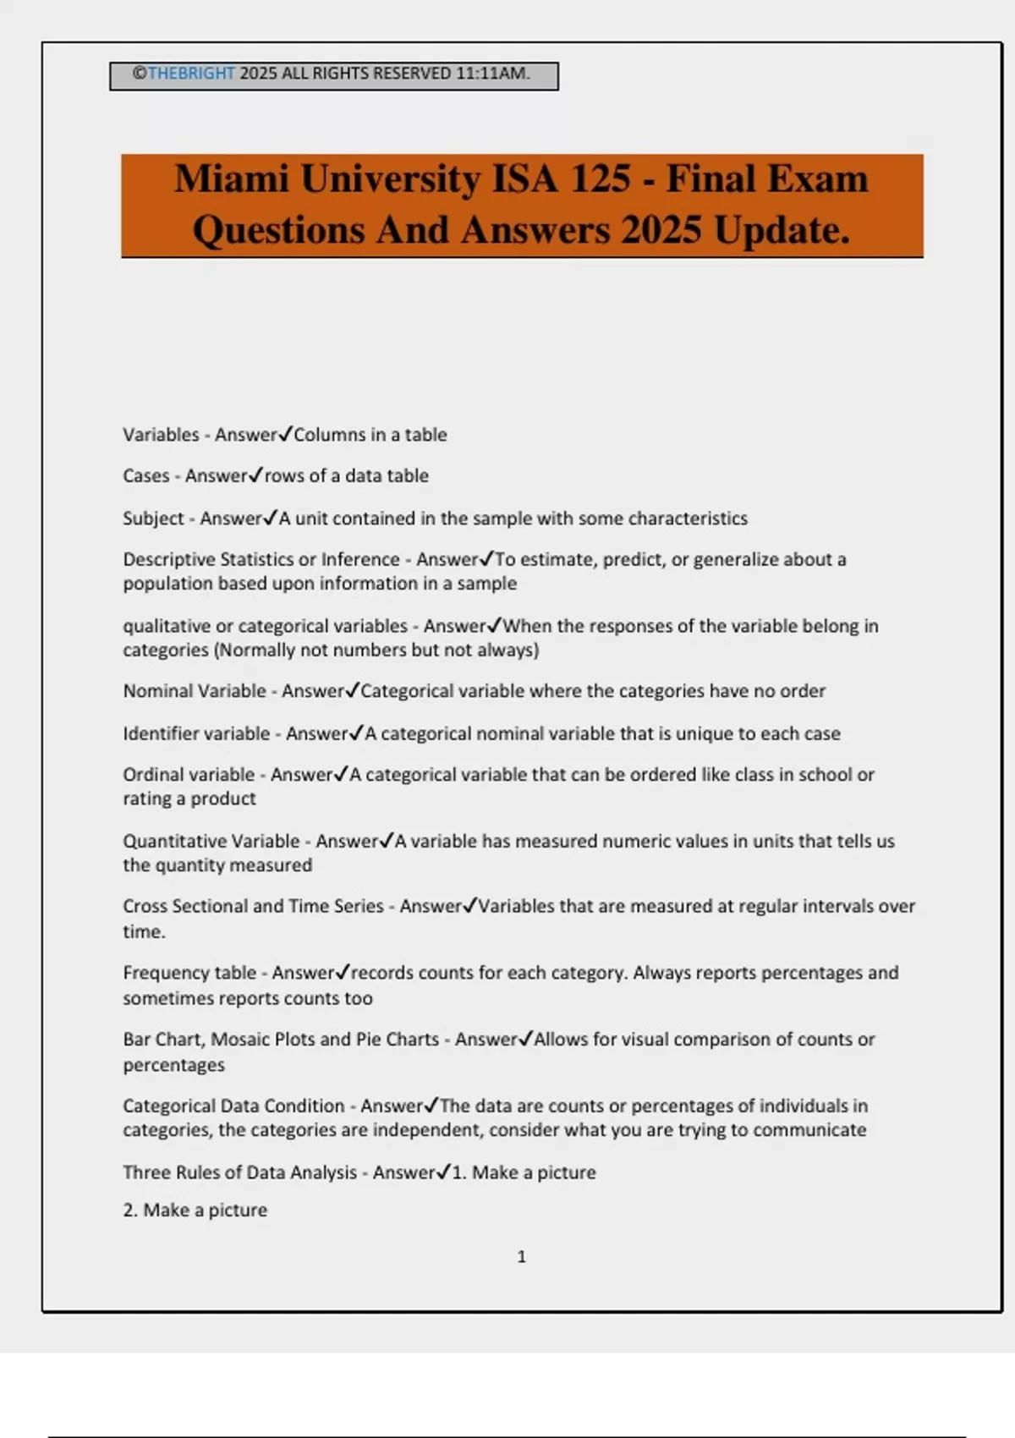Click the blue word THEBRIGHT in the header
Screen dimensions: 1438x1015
coord(191,74)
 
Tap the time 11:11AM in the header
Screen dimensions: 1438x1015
coord(492,74)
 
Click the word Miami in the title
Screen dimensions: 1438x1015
coord(231,179)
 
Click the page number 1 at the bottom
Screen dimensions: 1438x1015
coord(521,1257)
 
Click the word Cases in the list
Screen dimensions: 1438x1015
coord(146,476)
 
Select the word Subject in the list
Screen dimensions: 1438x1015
coord(153,519)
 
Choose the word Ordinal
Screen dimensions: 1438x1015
coord(146,775)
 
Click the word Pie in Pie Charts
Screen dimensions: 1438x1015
coord(368,1039)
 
